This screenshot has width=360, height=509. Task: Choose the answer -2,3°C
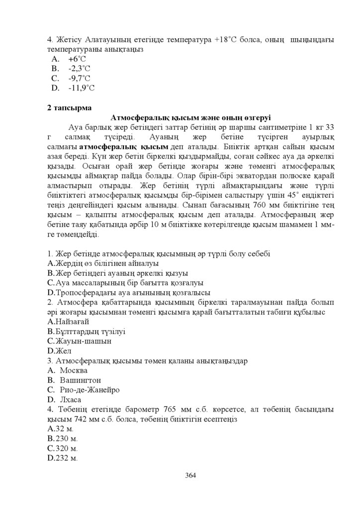pos(79,69)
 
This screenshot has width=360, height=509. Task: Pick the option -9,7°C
pos(79,78)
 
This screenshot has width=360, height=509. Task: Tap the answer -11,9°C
pos(81,88)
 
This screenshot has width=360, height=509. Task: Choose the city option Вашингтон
pos(80,380)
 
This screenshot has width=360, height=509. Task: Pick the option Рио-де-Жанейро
pos(89,390)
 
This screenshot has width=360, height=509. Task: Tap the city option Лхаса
pos(71,399)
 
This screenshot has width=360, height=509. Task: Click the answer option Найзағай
pos(68,322)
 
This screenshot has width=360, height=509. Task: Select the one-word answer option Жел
pos(60,351)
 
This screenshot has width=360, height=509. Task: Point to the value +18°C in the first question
pos(227,40)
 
